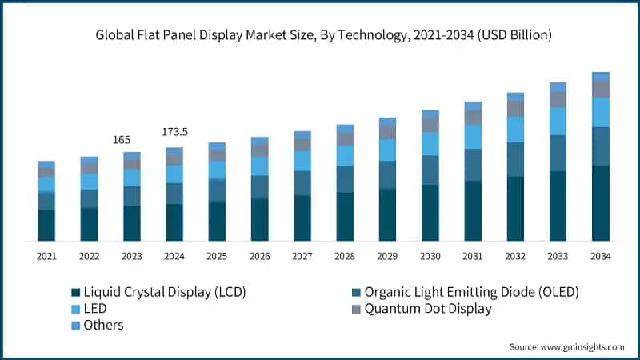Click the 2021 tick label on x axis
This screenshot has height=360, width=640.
pyautogui.click(x=46, y=256)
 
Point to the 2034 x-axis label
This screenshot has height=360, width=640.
pyautogui.click(x=601, y=256)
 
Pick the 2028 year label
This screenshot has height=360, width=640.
pyautogui.click(x=345, y=256)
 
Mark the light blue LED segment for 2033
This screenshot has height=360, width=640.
pyautogui.click(x=558, y=121)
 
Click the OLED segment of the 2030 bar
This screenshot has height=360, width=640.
pyautogui.click(x=430, y=170)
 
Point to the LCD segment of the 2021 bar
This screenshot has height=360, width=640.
pyautogui.click(x=46, y=225)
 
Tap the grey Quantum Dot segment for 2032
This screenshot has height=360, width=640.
pyautogui.click(x=515, y=108)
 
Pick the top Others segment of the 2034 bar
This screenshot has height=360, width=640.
pyautogui.click(x=601, y=76)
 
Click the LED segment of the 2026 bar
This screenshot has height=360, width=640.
pyautogui.click(x=260, y=166)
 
